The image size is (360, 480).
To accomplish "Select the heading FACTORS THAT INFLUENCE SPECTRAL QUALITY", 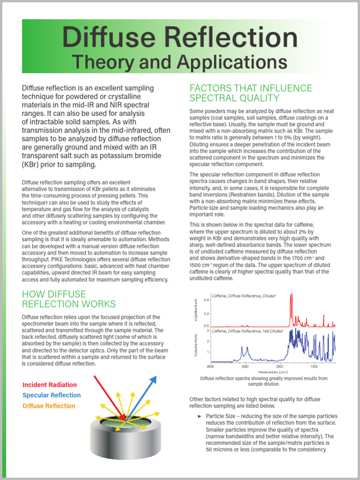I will pos(250,93).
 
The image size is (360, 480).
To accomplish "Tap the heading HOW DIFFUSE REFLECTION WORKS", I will pos(69,299).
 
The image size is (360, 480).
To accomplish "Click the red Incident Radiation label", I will pos(50,385).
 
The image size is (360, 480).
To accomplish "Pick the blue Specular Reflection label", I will pos(52,395).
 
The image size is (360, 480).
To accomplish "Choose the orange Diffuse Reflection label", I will pos(49,406).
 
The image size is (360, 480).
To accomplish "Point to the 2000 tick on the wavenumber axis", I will pos(279,366).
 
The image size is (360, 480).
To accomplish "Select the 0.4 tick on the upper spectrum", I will pos(206,300).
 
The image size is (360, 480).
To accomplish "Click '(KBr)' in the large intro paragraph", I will pos(33,165).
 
